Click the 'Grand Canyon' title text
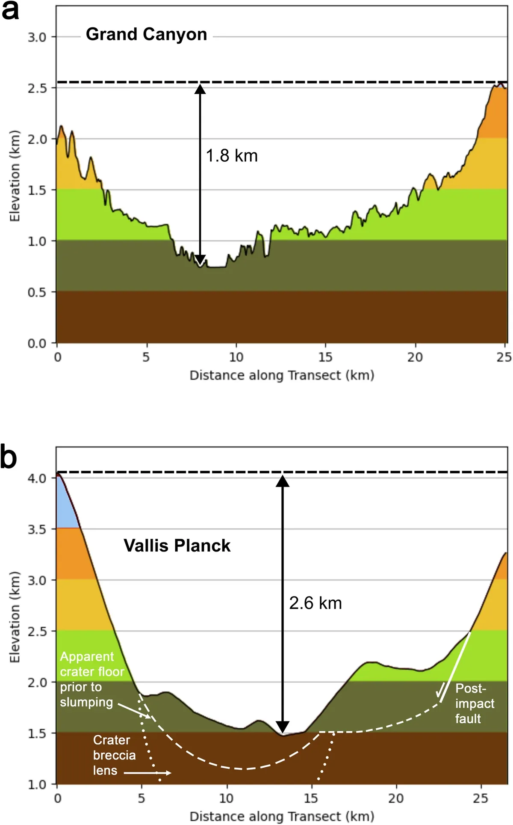click(146, 34)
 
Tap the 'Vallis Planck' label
click(177, 546)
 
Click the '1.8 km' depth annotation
click(232, 156)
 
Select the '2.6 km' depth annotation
click(315, 603)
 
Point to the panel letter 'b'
click(9, 457)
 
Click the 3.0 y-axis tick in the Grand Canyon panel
click(37, 37)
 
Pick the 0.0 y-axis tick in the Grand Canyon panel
click(37, 344)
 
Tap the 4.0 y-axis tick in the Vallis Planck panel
click(37, 478)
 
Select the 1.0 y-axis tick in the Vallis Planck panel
click(37, 784)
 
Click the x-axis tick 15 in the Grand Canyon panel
click(325, 357)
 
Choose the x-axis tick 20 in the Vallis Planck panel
click(396, 798)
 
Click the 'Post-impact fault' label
click(474, 703)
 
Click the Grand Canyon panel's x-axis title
click(282, 375)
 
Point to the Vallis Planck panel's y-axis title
click(15, 617)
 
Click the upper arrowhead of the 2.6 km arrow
click(283, 481)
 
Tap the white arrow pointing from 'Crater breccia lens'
click(147, 773)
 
